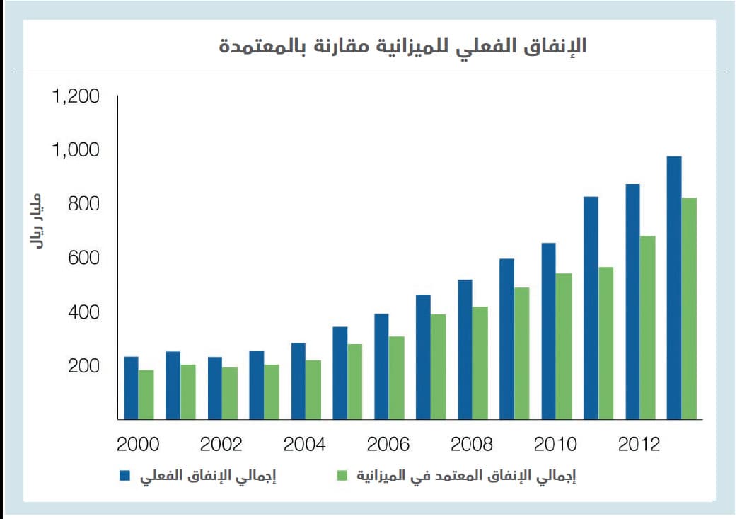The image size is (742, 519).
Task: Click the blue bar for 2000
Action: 131,388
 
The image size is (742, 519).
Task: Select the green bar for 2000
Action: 146,394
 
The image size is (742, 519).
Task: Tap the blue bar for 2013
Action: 673,287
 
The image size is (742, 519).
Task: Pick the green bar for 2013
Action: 689,308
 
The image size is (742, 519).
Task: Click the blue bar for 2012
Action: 632,302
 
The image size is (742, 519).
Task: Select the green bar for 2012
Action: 647,327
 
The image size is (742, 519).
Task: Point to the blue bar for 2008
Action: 465,349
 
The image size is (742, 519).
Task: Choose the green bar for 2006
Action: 396,377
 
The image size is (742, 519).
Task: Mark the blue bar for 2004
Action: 298,381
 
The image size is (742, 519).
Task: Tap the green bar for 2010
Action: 564,346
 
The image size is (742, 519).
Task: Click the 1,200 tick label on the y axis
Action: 76,96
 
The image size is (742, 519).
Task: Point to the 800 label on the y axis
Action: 83,205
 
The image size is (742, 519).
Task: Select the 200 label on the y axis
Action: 83,367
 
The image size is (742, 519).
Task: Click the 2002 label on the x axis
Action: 221,445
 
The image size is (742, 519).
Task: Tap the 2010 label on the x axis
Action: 555,445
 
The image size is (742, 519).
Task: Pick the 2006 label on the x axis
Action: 388,445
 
